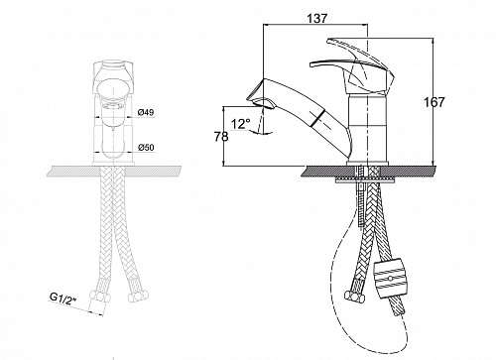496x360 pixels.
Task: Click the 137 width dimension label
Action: coord(317,18)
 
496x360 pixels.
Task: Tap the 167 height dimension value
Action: coord(434,102)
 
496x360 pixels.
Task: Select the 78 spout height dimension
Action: coord(221,136)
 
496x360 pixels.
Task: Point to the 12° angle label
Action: coord(240,124)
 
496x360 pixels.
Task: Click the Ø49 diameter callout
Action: coord(146,112)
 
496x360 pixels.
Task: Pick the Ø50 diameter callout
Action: coord(146,147)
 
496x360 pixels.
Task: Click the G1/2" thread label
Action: coord(63,298)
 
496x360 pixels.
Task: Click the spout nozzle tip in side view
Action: coord(261,101)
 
